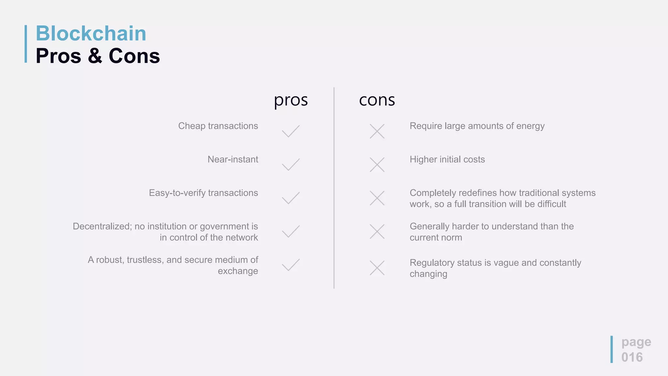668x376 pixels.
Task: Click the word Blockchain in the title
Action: [91, 33]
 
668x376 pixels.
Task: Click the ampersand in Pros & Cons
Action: [95, 55]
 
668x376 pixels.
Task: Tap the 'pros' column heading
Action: [291, 100]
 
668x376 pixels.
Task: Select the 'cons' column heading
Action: [377, 100]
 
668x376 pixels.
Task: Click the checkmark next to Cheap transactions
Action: [290, 131]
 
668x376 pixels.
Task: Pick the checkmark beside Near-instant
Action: [290, 164]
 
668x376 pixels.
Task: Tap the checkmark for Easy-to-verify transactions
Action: [290, 198]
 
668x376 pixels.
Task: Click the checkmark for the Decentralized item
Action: [290, 231]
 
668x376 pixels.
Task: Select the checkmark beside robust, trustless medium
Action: [290, 265]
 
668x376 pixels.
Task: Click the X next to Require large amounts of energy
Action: [377, 131]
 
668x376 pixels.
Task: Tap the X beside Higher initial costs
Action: [377, 164]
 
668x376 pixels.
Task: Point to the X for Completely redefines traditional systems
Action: [377, 198]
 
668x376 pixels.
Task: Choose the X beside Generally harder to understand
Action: [377, 231]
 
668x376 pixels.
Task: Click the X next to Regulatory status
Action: [377, 268]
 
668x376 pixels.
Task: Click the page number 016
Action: [632, 357]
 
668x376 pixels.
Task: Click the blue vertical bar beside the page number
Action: [612, 349]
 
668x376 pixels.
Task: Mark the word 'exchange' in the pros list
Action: [238, 271]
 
